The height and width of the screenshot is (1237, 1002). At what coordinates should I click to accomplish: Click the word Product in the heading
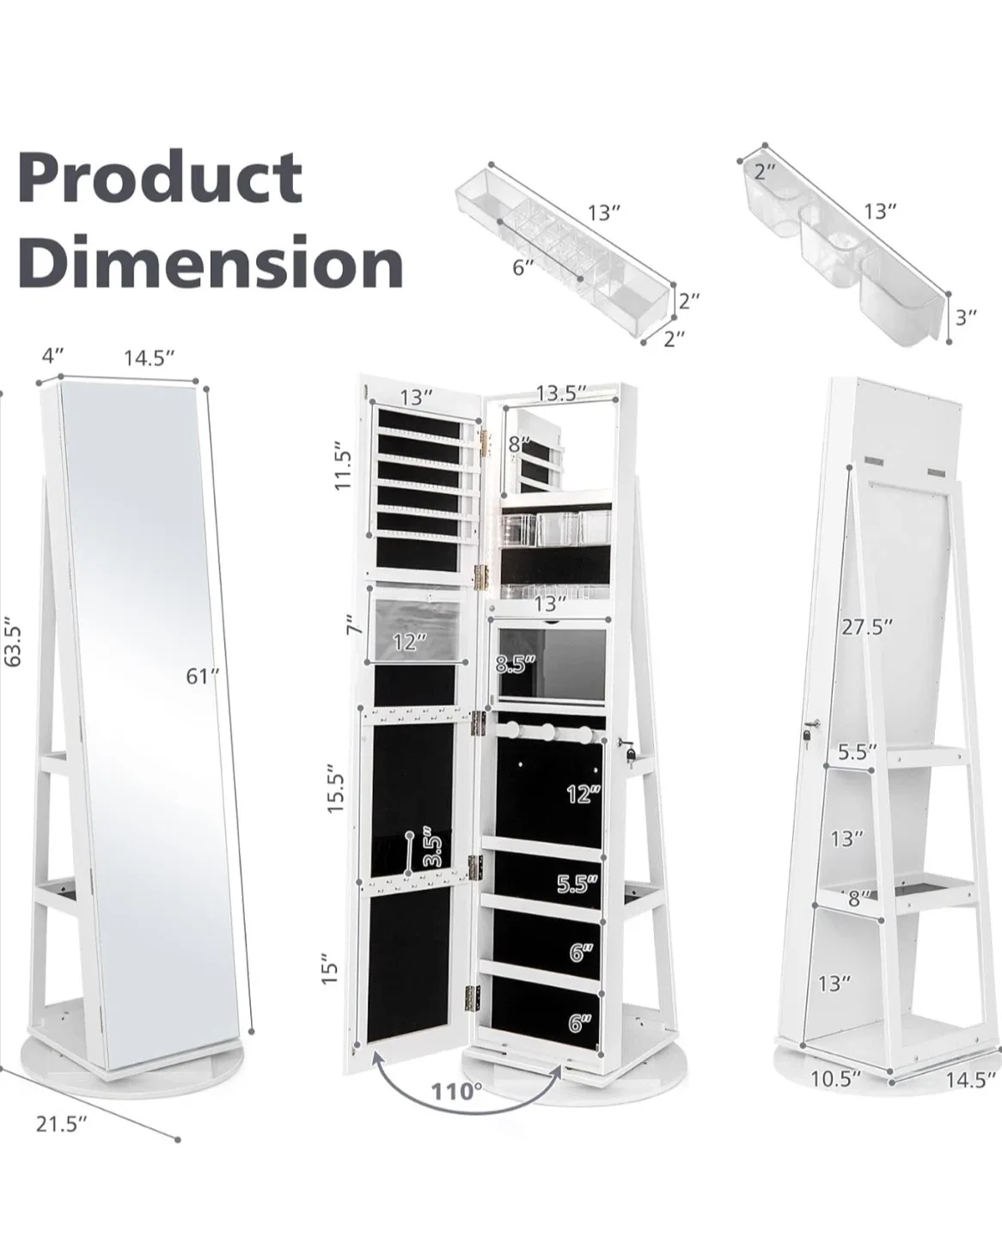pos(160,178)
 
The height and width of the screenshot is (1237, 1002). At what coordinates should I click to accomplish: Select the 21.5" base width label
pos(62,1124)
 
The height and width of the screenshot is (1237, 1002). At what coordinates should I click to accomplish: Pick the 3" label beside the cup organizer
pos(967,317)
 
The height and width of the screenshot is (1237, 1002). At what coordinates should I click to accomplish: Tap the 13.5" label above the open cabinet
pos(560,393)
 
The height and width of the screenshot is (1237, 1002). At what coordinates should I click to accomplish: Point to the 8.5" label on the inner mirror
pos(516,664)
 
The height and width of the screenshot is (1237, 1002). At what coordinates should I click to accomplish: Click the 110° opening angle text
pos(457,1092)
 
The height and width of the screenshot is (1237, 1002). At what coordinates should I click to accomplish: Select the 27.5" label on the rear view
pos(867,627)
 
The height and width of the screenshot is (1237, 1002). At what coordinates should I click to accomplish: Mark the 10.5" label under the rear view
pos(836,1078)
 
